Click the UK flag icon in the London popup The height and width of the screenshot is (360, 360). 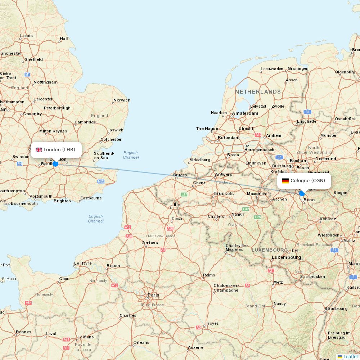pos(39,150)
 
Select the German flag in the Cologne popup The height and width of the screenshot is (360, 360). pos(285,181)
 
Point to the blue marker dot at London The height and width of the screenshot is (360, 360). pos(55,164)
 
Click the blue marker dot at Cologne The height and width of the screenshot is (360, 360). pos(302,193)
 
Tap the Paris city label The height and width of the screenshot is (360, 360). pos(153,295)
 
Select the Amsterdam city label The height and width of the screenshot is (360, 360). pos(245,113)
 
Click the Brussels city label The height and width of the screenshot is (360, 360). pos(224,194)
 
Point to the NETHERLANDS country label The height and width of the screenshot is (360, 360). pos(258,92)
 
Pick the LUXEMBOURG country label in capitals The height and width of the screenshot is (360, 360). pos(270,250)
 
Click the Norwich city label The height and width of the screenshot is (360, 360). pos(122,100)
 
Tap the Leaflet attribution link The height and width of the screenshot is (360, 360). pos(350,356)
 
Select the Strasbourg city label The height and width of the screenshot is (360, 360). pos(336,309)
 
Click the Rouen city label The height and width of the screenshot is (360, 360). pos(113,266)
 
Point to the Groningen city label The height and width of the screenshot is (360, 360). pos(298,68)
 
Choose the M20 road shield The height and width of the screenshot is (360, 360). pos(101,181)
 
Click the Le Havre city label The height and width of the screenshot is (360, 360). pos(83,263)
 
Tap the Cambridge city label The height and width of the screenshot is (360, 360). pos(85,122)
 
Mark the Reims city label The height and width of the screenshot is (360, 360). pos(209,275)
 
